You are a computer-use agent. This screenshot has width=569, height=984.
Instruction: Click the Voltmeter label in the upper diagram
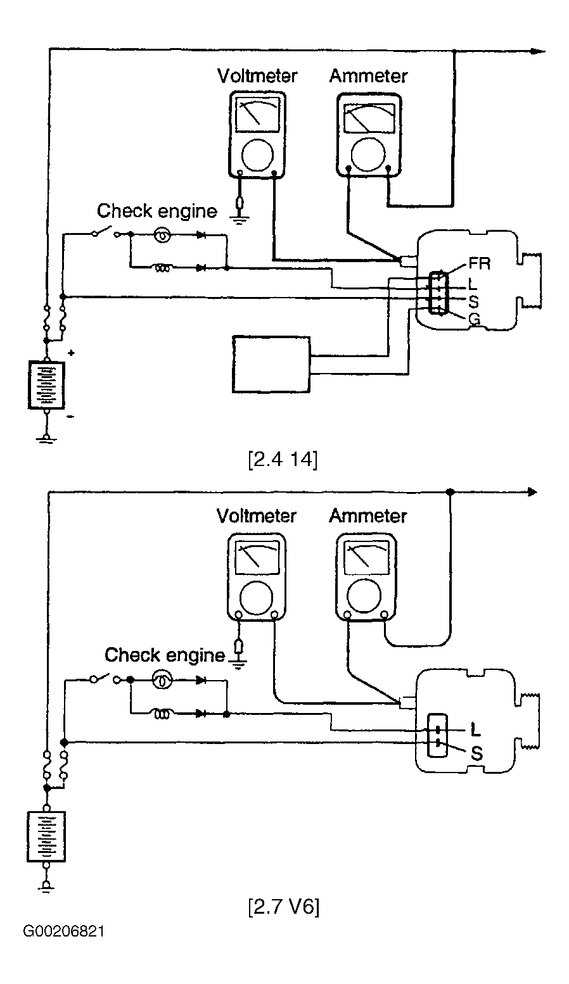click(x=257, y=76)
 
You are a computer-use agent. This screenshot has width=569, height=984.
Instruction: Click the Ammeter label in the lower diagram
click(x=368, y=515)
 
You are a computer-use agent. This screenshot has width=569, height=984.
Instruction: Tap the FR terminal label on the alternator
click(x=480, y=263)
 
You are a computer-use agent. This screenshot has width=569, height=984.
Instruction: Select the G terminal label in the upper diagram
click(x=474, y=319)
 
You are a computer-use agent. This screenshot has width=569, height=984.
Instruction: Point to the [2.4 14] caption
click(x=283, y=460)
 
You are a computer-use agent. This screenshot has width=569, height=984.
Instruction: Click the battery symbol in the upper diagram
click(x=46, y=385)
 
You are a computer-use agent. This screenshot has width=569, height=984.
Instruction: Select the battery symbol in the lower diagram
click(x=46, y=836)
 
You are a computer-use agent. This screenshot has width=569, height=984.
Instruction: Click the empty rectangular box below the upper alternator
click(x=271, y=364)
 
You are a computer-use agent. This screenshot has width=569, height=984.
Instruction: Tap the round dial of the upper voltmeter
click(x=257, y=155)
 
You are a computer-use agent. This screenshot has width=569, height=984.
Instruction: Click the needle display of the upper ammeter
click(x=369, y=118)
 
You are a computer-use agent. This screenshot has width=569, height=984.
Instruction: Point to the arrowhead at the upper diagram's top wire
click(x=538, y=51)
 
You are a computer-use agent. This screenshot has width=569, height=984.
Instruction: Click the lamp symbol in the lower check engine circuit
click(x=162, y=681)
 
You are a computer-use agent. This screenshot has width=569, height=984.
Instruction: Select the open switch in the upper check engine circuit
click(x=106, y=232)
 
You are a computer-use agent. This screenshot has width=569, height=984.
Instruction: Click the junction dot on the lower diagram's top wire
click(x=450, y=491)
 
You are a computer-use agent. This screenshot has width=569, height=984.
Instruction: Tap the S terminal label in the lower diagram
click(x=476, y=754)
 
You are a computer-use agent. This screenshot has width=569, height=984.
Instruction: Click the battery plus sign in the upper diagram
click(x=71, y=352)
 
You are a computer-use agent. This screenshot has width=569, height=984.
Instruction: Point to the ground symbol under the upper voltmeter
click(x=240, y=218)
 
